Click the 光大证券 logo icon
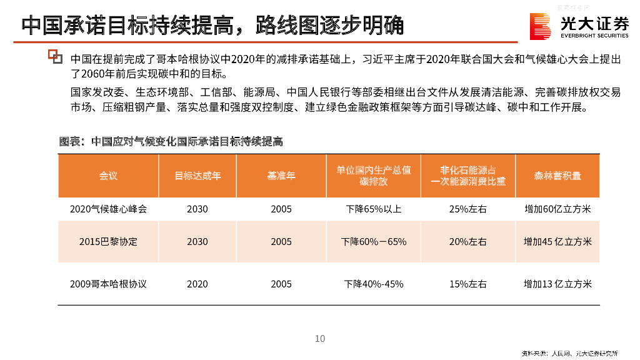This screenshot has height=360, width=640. coord(541,26)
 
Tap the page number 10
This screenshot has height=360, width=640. coord(320,339)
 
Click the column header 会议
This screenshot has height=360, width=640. coord(108,176)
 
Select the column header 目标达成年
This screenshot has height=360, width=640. coord(197,176)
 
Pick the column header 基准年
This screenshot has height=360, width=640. coord(281,176)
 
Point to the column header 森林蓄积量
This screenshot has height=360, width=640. coord(557,176)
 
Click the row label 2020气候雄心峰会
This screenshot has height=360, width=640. coord(108,209)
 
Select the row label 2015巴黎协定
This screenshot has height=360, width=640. coord(108,241)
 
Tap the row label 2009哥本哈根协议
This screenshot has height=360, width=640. coord(108,284)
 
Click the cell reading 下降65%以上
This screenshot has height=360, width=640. coord(374,209)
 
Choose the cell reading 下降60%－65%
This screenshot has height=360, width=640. coord(374,241)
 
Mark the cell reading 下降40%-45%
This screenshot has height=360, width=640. coord(374,284)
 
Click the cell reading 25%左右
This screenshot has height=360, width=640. coord(467,209)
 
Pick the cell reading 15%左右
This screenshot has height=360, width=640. coord(467,284)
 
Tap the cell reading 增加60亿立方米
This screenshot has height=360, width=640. coord(557,209)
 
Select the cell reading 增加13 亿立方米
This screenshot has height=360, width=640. coord(557,284)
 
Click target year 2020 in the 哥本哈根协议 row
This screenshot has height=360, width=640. coord(197,284)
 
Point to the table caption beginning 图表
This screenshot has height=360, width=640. coord(171,142)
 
